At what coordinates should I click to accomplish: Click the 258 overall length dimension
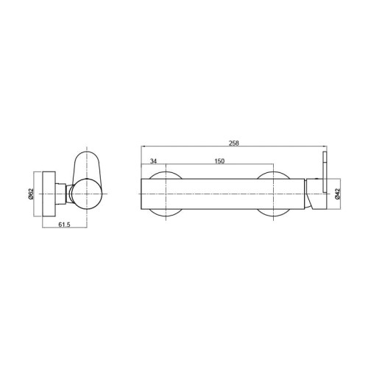[234, 144]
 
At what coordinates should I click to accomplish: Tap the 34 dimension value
[153, 161]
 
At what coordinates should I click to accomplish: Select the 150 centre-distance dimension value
[219, 161]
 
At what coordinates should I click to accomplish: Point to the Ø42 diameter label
[337, 194]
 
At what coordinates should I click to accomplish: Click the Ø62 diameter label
[31, 194]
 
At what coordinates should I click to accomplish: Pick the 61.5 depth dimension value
[64, 224]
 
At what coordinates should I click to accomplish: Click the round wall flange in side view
[49, 194]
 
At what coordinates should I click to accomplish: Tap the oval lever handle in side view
[87, 167]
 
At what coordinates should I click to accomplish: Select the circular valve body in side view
[88, 194]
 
